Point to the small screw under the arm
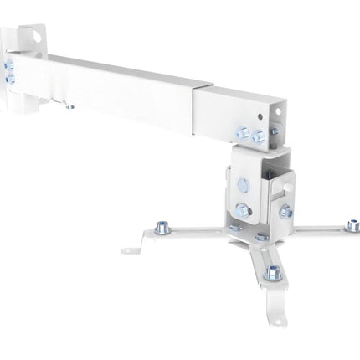69,106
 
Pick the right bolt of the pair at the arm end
260,136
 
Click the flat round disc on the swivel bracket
243,184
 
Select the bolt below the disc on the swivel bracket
243,210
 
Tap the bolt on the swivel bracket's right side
286,211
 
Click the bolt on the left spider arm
162,227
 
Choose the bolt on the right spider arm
353,226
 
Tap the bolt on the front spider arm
272,273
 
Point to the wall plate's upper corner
33,28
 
